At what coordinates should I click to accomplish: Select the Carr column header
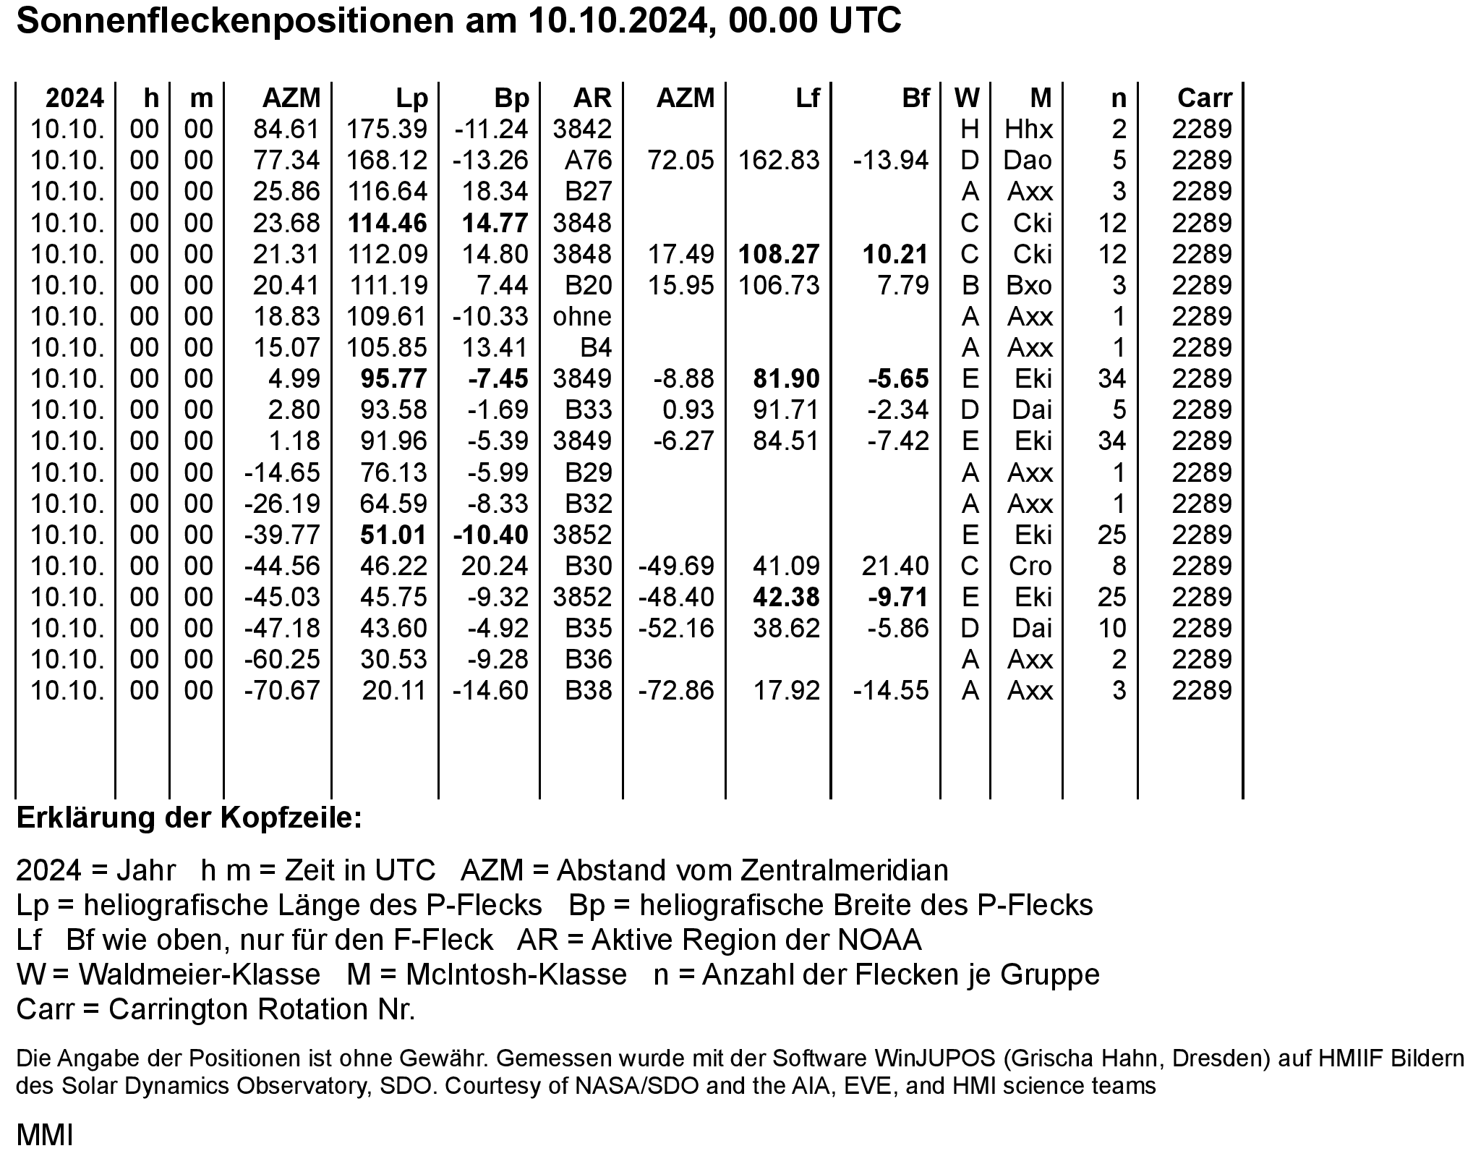click(x=1204, y=98)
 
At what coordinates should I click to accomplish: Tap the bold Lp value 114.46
click(x=388, y=223)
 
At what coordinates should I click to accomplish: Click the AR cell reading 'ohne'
click(x=582, y=317)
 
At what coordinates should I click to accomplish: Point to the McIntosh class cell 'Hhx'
click(x=1028, y=129)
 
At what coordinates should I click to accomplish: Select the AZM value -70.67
click(x=282, y=690)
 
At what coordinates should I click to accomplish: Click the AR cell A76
click(x=588, y=161)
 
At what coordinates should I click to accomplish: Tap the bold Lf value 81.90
click(x=786, y=379)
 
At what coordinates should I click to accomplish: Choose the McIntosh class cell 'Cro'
click(x=1030, y=566)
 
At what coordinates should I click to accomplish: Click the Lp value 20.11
click(x=394, y=690)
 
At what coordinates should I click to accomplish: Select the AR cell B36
click(x=588, y=659)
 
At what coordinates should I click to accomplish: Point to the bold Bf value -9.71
click(x=898, y=597)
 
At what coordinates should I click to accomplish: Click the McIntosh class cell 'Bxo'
click(x=1029, y=286)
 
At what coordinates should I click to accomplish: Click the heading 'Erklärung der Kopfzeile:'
click(x=189, y=818)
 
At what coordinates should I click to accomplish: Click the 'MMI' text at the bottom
click(x=44, y=1134)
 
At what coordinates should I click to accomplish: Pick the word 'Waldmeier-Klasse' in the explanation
click(x=199, y=974)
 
